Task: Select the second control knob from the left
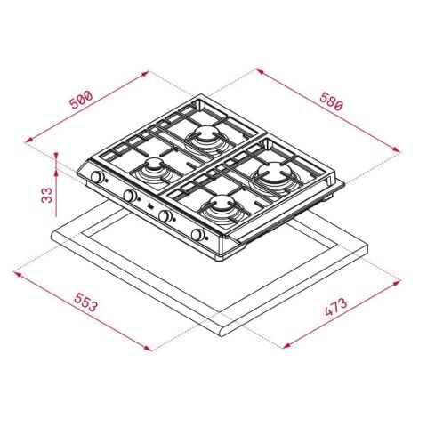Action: coord(130,196)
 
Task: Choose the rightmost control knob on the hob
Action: coord(198,237)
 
